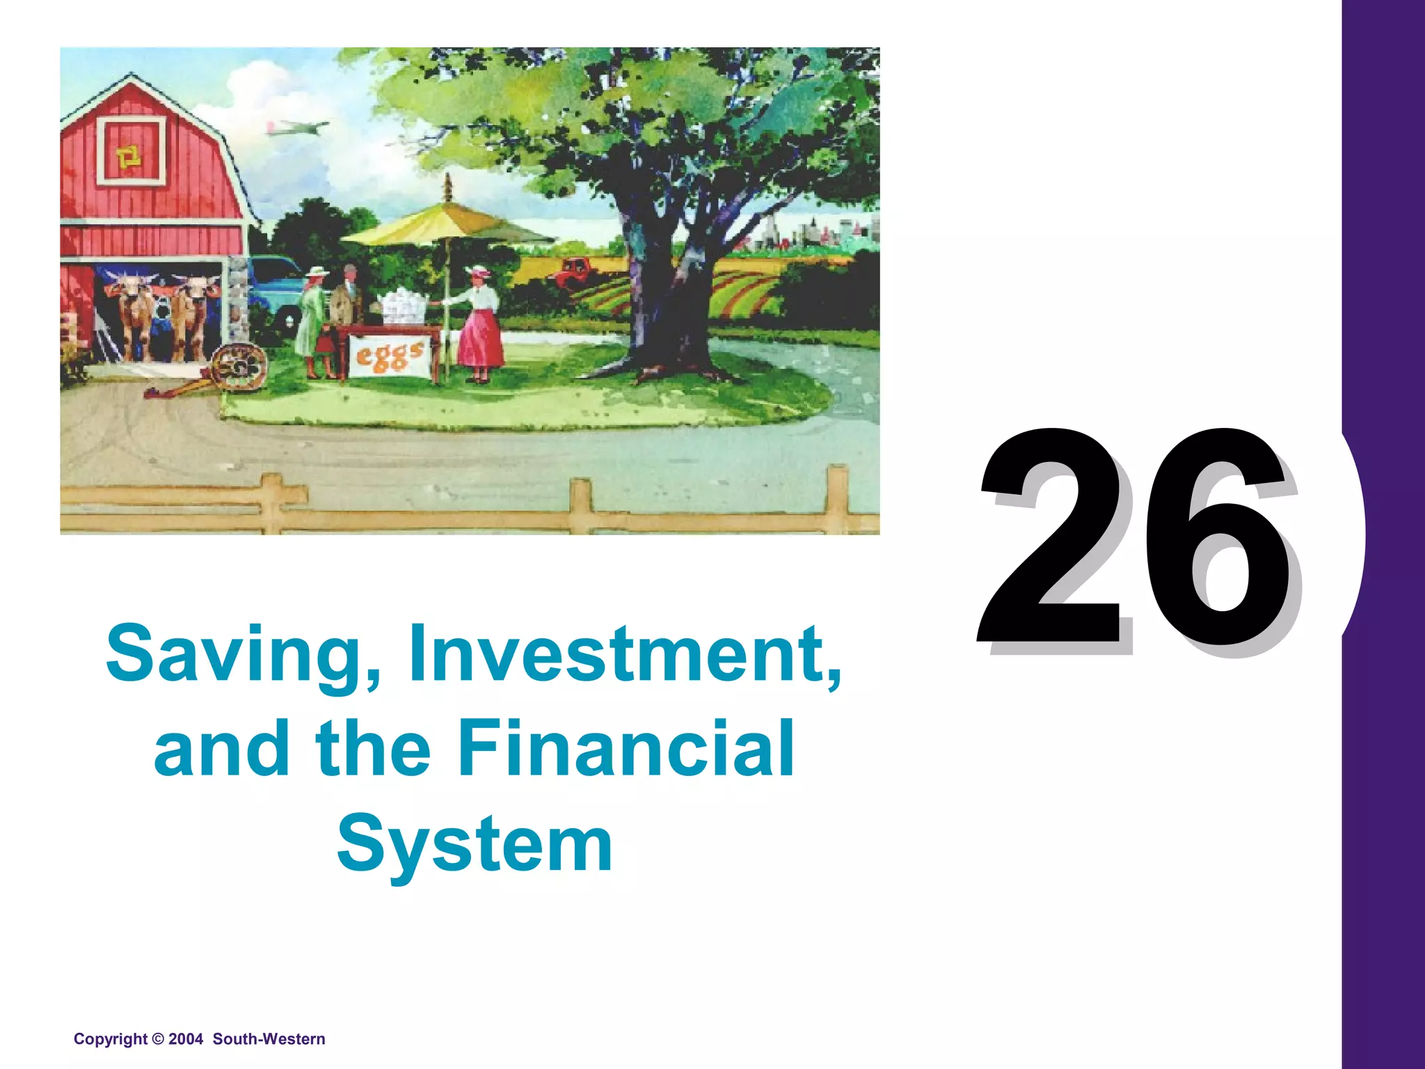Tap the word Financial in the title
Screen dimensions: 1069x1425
626,749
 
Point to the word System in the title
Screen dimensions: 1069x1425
475,844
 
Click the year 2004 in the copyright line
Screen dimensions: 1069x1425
185,1039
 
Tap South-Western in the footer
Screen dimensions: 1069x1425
269,1039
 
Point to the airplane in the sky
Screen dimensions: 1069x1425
296,129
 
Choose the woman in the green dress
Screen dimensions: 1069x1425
310,320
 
